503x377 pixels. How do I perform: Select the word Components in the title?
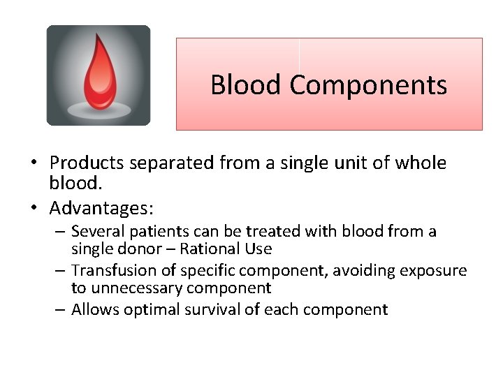(x=368, y=85)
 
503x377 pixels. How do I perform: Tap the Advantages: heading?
(x=101, y=208)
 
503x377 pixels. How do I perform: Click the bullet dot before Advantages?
(x=34, y=209)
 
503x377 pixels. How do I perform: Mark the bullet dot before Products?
(x=34, y=164)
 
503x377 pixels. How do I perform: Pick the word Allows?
(x=95, y=309)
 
